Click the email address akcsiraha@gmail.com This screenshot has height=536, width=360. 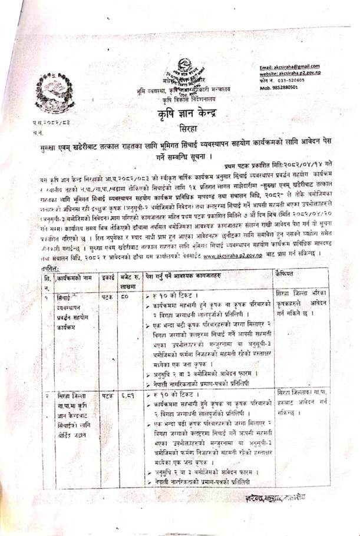click(x=290, y=66)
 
